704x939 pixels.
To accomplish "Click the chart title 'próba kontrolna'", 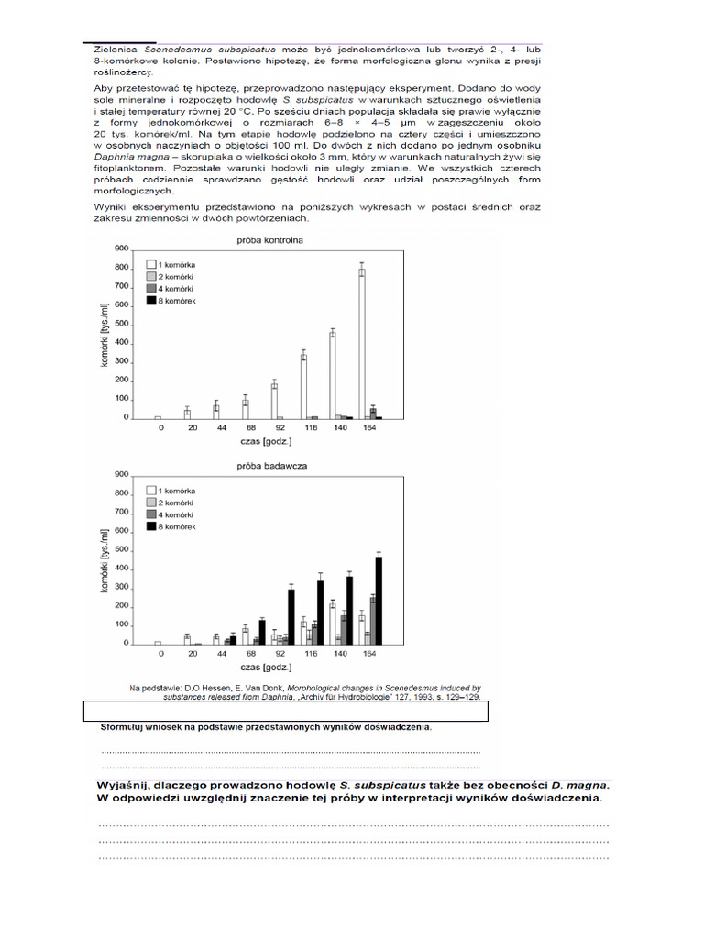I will click(x=266, y=239).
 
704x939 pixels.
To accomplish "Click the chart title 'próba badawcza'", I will click(x=266, y=466).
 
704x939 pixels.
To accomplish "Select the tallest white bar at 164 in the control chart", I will click(x=362, y=343).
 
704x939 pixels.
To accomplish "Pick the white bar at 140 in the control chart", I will click(x=333, y=374).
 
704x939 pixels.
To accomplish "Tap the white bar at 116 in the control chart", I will click(x=303, y=385).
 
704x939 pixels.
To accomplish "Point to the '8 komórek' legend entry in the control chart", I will click(x=178, y=301).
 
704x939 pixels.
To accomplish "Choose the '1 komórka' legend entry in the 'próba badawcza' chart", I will click(x=178, y=491).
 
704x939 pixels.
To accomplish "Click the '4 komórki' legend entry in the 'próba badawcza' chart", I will click(x=178, y=514).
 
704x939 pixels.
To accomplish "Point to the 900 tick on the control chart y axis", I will click(x=121, y=249).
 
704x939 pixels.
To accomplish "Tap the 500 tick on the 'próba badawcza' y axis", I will click(x=121, y=549).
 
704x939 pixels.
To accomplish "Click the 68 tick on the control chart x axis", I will click(x=246, y=428).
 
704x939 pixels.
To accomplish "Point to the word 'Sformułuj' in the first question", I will click(x=127, y=728).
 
